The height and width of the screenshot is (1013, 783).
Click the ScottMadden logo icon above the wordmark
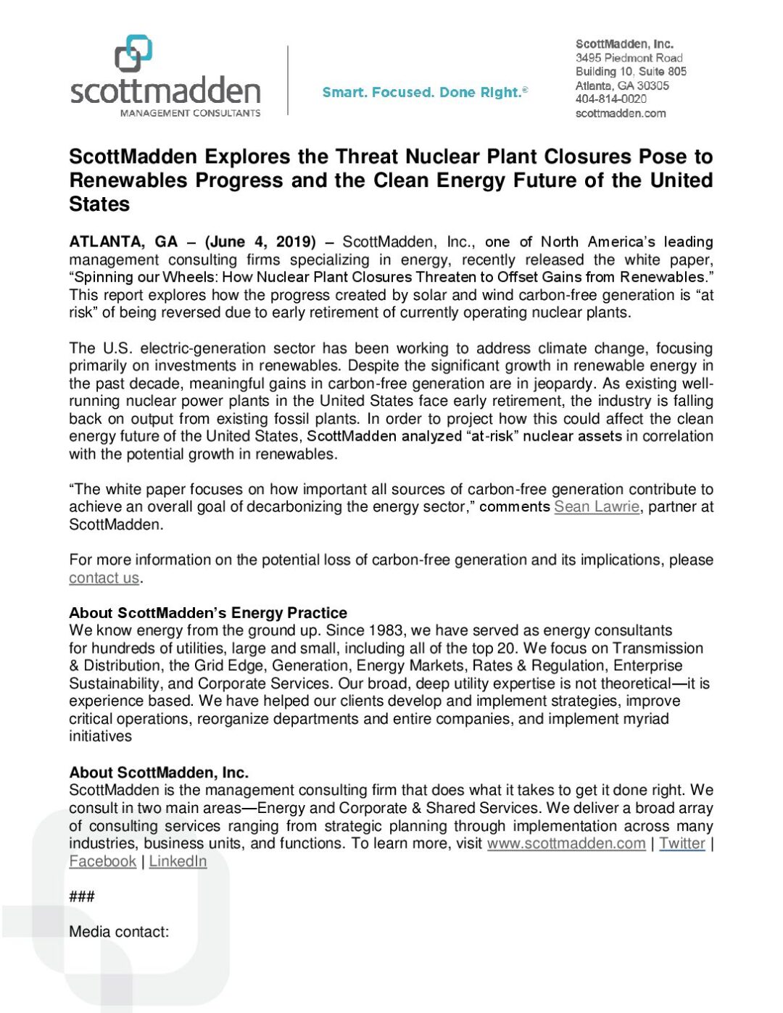pos(133,54)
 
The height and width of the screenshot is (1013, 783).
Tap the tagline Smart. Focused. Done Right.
pos(425,93)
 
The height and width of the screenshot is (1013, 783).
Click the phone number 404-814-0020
pos(610,99)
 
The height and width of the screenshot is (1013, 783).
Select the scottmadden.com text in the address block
pos(620,113)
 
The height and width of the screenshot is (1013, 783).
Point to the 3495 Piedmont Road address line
pos(629,58)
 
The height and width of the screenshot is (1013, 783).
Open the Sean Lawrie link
pos(596,507)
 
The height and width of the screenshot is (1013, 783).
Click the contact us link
pos(104,578)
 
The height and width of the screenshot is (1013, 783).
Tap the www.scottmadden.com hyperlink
pos(565,843)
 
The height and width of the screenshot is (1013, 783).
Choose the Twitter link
pos(681,843)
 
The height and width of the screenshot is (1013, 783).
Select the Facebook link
pos(102,862)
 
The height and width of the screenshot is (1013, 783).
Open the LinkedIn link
pos(178,862)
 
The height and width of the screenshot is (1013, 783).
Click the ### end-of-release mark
pos(81,897)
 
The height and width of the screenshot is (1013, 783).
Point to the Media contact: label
pos(119,932)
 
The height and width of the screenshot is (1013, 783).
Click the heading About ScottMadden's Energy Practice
pos(207,613)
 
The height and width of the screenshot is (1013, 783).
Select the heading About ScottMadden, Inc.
pos(158,772)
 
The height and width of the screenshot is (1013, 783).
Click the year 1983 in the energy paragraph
pos(386,631)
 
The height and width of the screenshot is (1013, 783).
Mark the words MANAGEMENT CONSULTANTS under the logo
pos(190,113)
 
